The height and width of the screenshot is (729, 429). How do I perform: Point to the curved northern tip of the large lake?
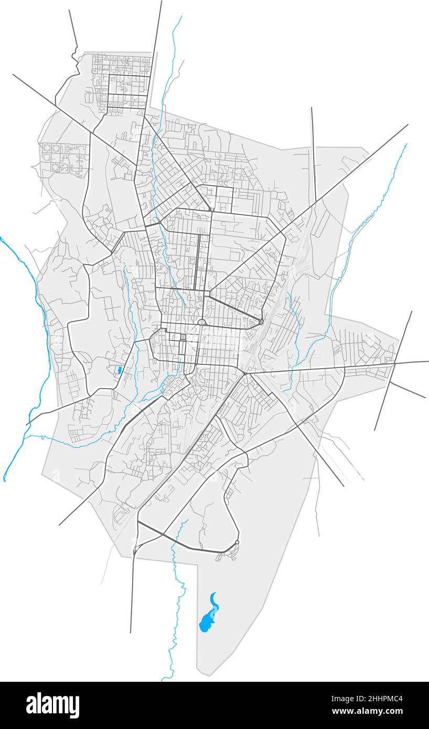tap(213, 595)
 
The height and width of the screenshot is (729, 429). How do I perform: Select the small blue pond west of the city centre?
tap(120, 370)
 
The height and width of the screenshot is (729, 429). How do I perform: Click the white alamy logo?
tap(52, 705)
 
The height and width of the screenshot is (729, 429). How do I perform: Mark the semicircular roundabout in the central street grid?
tap(202, 323)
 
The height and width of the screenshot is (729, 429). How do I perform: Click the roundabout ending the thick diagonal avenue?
tap(261, 321)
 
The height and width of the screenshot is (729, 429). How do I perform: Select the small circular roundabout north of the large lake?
tap(237, 542)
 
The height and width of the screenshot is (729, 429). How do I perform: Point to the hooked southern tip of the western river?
tap(5, 477)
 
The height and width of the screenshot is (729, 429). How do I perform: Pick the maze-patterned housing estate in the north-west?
tap(63, 157)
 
